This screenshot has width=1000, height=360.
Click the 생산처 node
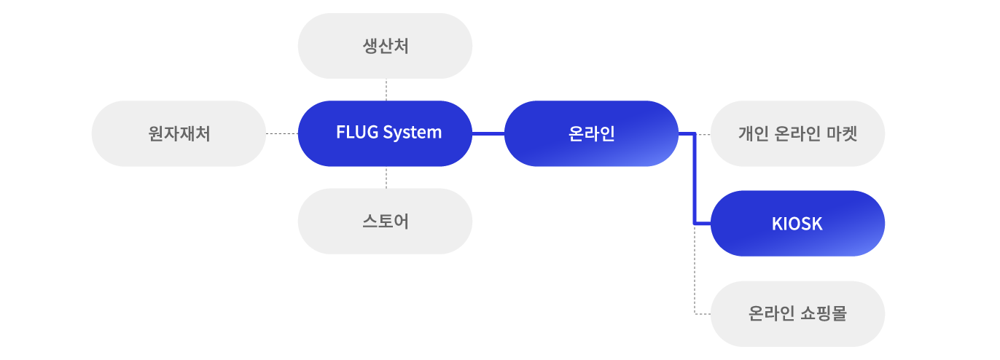pyautogui.click(x=385, y=46)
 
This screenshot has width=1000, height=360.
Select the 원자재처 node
pyautogui.click(x=179, y=134)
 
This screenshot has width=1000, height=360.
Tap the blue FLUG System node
pyautogui.click(x=385, y=133)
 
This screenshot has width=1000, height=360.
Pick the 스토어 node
pyautogui.click(x=385, y=221)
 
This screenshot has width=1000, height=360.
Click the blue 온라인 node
pyautogui.click(x=591, y=133)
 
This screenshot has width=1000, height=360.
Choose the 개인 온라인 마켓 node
pyautogui.click(x=797, y=134)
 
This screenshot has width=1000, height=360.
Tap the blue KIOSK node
pyautogui.click(x=797, y=224)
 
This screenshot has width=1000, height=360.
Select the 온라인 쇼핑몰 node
pyautogui.click(x=797, y=314)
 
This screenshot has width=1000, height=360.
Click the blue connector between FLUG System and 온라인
pyautogui.click(x=488, y=134)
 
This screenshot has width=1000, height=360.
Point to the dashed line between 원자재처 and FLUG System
pyautogui.click(x=281, y=134)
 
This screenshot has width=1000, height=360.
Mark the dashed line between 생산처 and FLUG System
pyautogui.click(x=386, y=90)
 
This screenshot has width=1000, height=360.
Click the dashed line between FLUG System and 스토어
pyautogui.click(x=386, y=177)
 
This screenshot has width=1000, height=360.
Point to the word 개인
pyautogui.click(x=751, y=134)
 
